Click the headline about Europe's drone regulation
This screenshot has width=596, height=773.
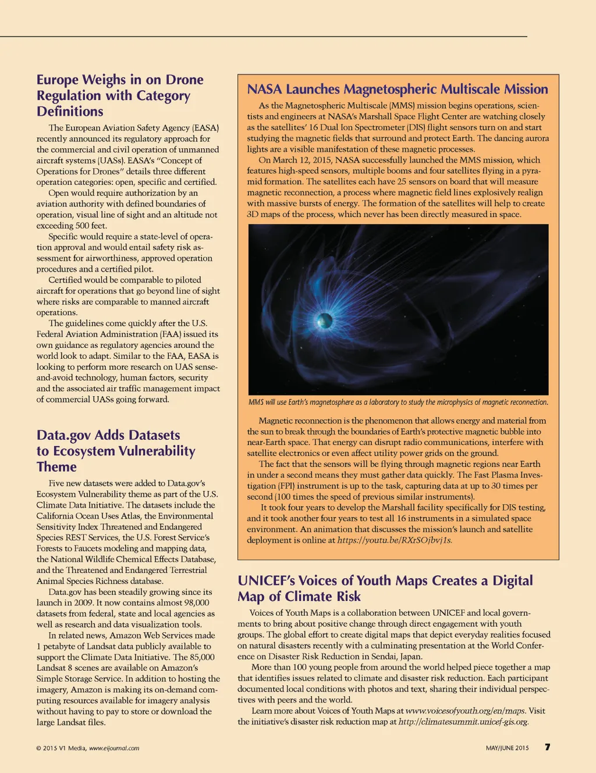[x=120, y=95]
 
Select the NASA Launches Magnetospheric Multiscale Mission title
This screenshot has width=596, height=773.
[x=398, y=89]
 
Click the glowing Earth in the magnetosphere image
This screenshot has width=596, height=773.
[x=325, y=320]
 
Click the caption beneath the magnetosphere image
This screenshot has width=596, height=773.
[x=398, y=402]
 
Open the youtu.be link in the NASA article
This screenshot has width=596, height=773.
[x=395, y=540]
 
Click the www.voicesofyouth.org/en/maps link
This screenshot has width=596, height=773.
[x=465, y=711]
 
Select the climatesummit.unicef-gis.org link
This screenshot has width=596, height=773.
[x=463, y=722]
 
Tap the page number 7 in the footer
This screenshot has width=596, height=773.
[x=547, y=747]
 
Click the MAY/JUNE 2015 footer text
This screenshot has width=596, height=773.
[x=507, y=748]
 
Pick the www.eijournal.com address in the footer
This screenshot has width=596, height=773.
[x=114, y=748]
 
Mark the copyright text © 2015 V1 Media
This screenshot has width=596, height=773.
[x=61, y=748]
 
